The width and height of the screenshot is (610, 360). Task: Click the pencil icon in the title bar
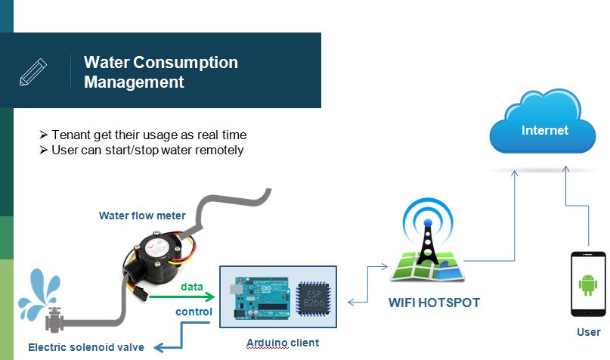coord(33,71)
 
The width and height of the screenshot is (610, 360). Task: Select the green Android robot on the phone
coord(588,284)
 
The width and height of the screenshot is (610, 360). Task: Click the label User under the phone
coord(588,331)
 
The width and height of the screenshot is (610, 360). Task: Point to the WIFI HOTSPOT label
coord(434,303)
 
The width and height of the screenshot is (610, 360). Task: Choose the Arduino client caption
coord(282,343)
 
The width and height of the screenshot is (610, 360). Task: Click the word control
coord(194,312)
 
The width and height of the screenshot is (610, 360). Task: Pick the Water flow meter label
coord(142,216)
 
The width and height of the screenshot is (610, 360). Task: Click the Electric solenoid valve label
coord(86,347)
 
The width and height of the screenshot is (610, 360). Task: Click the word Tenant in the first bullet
coord(70,135)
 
